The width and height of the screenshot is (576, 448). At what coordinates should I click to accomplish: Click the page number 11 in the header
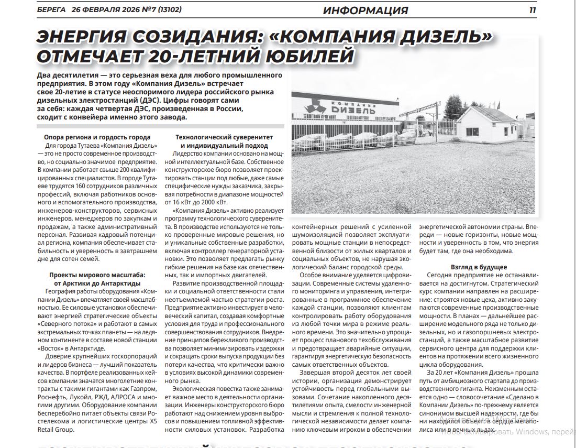pos(533,10)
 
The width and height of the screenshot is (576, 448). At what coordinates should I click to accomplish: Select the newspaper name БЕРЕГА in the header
pos(52,10)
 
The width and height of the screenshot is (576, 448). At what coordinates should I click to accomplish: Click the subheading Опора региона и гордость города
pos(97,137)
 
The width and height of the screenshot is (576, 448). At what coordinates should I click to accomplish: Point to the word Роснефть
pos(53,398)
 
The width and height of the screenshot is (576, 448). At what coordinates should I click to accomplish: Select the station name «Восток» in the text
pos(50,348)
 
